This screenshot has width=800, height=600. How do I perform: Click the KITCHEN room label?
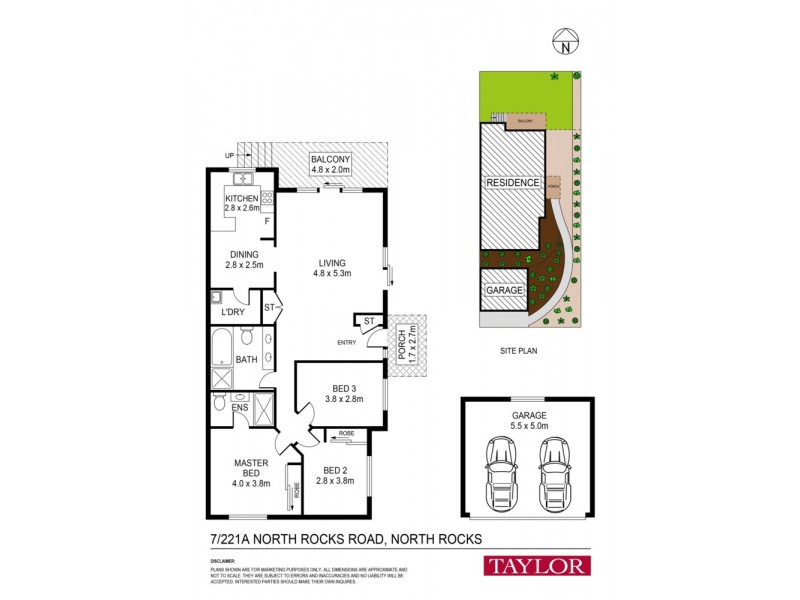[x=241, y=203]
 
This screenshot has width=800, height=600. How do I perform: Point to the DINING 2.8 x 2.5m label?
[x=243, y=260]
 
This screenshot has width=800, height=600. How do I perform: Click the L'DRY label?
[x=233, y=312]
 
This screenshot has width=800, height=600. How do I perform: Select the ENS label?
[x=240, y=409]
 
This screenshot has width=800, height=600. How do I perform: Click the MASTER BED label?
[x=249, y=468]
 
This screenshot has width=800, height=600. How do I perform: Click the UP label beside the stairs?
[x=229, y=156]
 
